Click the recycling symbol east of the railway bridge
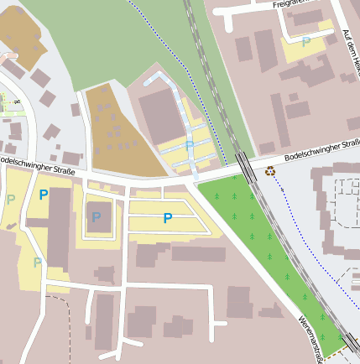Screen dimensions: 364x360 tap(269, 171)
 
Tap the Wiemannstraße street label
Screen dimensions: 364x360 tap(311, 340)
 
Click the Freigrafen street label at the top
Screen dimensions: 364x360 tap(299, 4)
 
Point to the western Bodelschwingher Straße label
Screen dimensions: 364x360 tap(38, 164)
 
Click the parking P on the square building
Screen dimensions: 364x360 tap(97, 217)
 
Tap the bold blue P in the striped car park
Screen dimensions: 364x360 tap(168, 218)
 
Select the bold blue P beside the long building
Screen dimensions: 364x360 tap(43, 195)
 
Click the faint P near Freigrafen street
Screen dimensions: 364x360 tap(305, 41)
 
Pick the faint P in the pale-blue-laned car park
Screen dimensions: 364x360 tap(190, 145)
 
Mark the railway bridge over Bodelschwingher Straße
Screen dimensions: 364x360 tap(245, 164)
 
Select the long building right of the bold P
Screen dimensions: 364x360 tap(59, 226)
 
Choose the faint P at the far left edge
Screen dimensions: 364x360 tap(10, 200)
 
